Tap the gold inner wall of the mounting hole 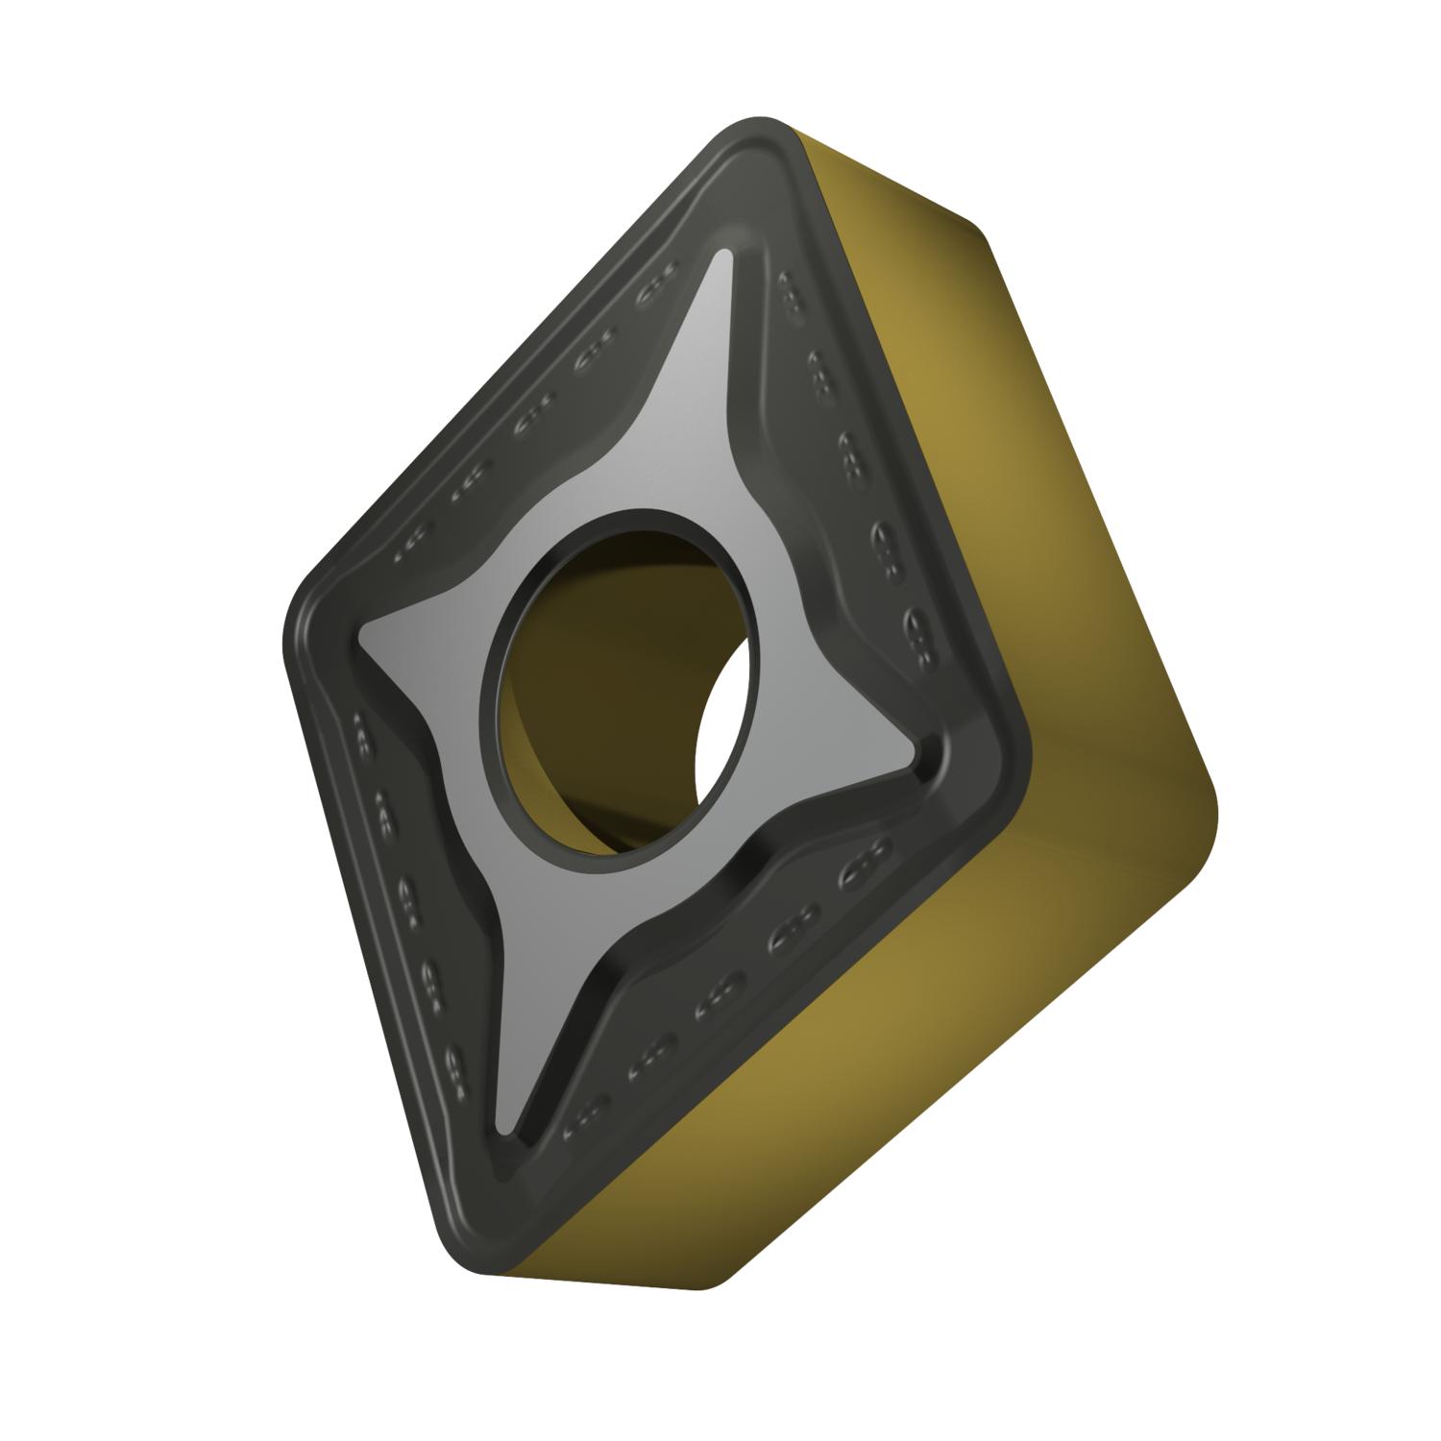pos(576,692)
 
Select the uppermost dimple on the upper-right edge pos(790,287)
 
